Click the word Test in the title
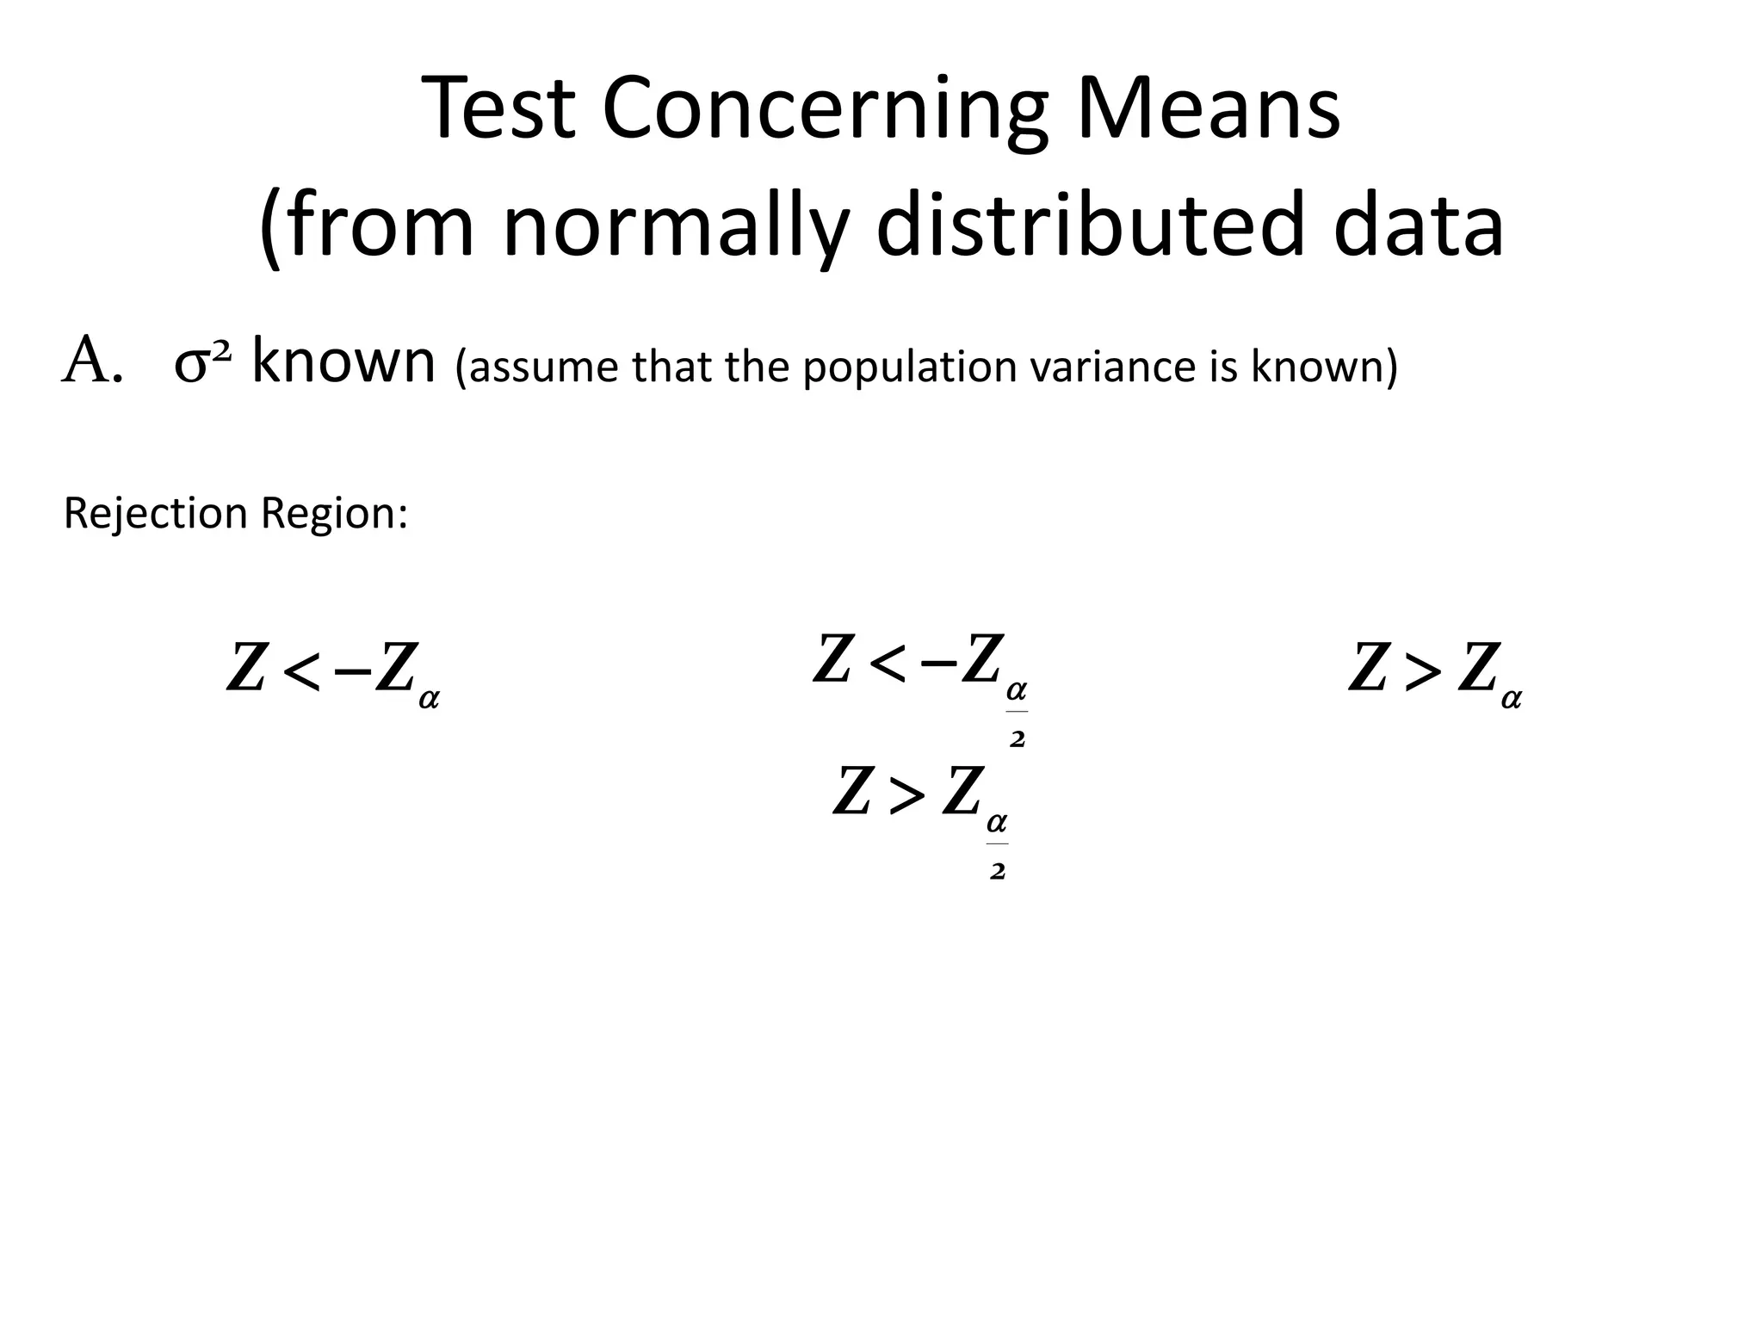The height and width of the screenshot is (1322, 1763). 498,109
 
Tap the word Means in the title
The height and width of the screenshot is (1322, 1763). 1208,109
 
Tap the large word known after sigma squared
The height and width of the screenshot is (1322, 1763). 343,361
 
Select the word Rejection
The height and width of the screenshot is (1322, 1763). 156,514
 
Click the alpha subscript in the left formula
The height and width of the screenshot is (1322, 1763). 429,698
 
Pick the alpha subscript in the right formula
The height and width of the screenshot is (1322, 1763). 1511,698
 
